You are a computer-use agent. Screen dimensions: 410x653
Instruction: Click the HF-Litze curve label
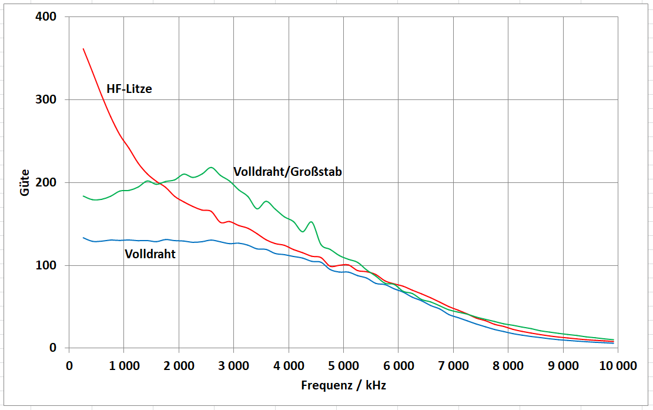(129, 89)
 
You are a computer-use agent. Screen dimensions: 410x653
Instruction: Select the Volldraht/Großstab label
(287, 172)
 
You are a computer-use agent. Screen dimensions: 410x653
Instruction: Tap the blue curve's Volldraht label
(150, 254)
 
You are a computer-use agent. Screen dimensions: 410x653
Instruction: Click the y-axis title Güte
(25, 183)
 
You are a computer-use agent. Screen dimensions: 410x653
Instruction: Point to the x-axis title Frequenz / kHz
(343, 385)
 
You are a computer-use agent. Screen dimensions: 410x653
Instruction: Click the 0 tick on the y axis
(52, 348)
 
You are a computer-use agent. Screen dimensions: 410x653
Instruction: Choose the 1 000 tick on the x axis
(123, 365)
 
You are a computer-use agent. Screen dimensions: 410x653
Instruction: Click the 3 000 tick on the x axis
(233, 365)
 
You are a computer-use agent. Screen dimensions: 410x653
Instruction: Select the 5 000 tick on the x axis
(343, 365)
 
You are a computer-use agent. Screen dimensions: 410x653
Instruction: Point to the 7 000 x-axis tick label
(453, 365)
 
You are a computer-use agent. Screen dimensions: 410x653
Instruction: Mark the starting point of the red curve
(83, 49)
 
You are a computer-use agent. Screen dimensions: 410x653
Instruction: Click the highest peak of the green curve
(211, 168)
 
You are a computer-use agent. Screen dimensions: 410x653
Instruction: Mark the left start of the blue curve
(83, 238)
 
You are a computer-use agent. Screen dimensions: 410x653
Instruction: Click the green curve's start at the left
(83, 196)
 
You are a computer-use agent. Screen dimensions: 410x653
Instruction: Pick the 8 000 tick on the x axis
(508, 365)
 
